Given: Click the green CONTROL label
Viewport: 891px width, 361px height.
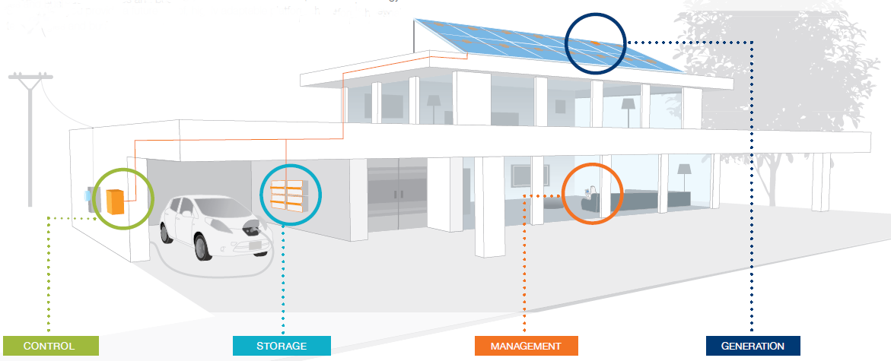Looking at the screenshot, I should pyautogui.click(x=50, y=347).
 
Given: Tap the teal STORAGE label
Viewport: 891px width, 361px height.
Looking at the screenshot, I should pyautogui.click(x=282, y=347).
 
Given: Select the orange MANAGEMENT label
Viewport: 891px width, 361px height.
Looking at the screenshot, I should pyautogui.click(x=525, y=347).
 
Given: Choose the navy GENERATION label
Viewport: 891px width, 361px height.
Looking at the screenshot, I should pyautogui.click(x=753, y=347).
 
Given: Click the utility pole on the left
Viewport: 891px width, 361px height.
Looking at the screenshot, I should pyautogui.click(x=30, y=137).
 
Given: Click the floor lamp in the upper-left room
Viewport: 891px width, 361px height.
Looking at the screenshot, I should pyautogui.click(x=433, y=106).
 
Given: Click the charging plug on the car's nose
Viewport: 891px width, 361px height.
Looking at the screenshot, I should pyautogui.click(x=249, y=226).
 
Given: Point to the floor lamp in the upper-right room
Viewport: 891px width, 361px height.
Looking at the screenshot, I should pyautogui.click(x=628, y=107).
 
